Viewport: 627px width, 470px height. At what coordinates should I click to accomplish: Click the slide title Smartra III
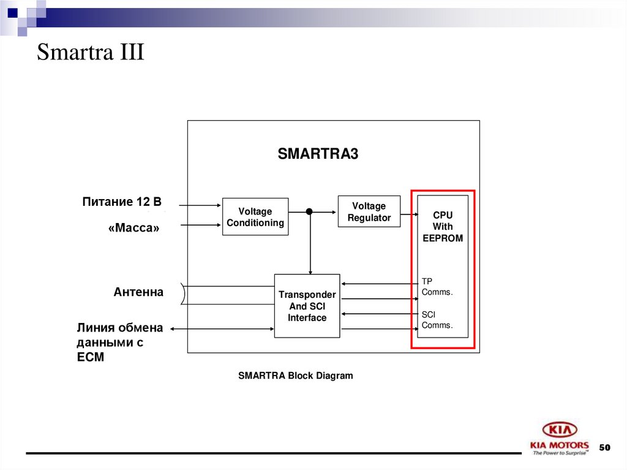point(90,52)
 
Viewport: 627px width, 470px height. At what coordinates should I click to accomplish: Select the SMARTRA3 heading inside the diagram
point(317,154)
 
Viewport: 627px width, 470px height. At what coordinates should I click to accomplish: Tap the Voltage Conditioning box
point(255,217)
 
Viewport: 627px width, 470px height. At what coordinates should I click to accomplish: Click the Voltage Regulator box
point(369,211)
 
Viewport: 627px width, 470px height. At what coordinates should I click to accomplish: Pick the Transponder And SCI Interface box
point(307,306)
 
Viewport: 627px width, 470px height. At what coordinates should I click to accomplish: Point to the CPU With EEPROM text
point(442,227)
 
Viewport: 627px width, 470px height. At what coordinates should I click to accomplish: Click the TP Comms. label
point(437,287)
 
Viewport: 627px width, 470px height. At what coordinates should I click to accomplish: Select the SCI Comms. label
point(437,320)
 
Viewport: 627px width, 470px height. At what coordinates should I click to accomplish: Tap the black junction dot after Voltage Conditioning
point(309,211)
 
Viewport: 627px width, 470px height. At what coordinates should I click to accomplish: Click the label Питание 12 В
point(121,202)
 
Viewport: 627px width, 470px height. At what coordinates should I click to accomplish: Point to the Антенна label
point(138,292)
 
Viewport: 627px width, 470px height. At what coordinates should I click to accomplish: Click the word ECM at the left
point(90,357)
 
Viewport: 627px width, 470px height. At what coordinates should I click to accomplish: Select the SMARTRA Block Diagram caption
point(295,376)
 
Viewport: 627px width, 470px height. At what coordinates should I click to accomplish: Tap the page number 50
point(604,448)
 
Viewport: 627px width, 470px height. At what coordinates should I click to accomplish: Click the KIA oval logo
point(559,430)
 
